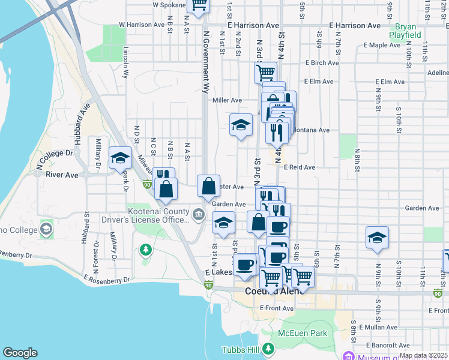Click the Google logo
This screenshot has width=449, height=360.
point(20,353)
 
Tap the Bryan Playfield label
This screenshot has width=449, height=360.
point(405,31)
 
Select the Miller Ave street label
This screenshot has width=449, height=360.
point(228,100)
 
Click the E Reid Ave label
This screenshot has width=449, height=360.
point(300,167)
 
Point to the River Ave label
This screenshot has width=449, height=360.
point(62,175)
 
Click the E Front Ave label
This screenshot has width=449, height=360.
point(277,308)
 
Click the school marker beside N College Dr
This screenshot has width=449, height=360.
point(120,158)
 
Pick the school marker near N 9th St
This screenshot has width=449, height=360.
point(376,238)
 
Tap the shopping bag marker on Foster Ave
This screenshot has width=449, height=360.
point(208,186)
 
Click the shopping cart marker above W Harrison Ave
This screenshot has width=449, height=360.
point(198,5)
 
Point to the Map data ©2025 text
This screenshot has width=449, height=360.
point(423,355)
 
